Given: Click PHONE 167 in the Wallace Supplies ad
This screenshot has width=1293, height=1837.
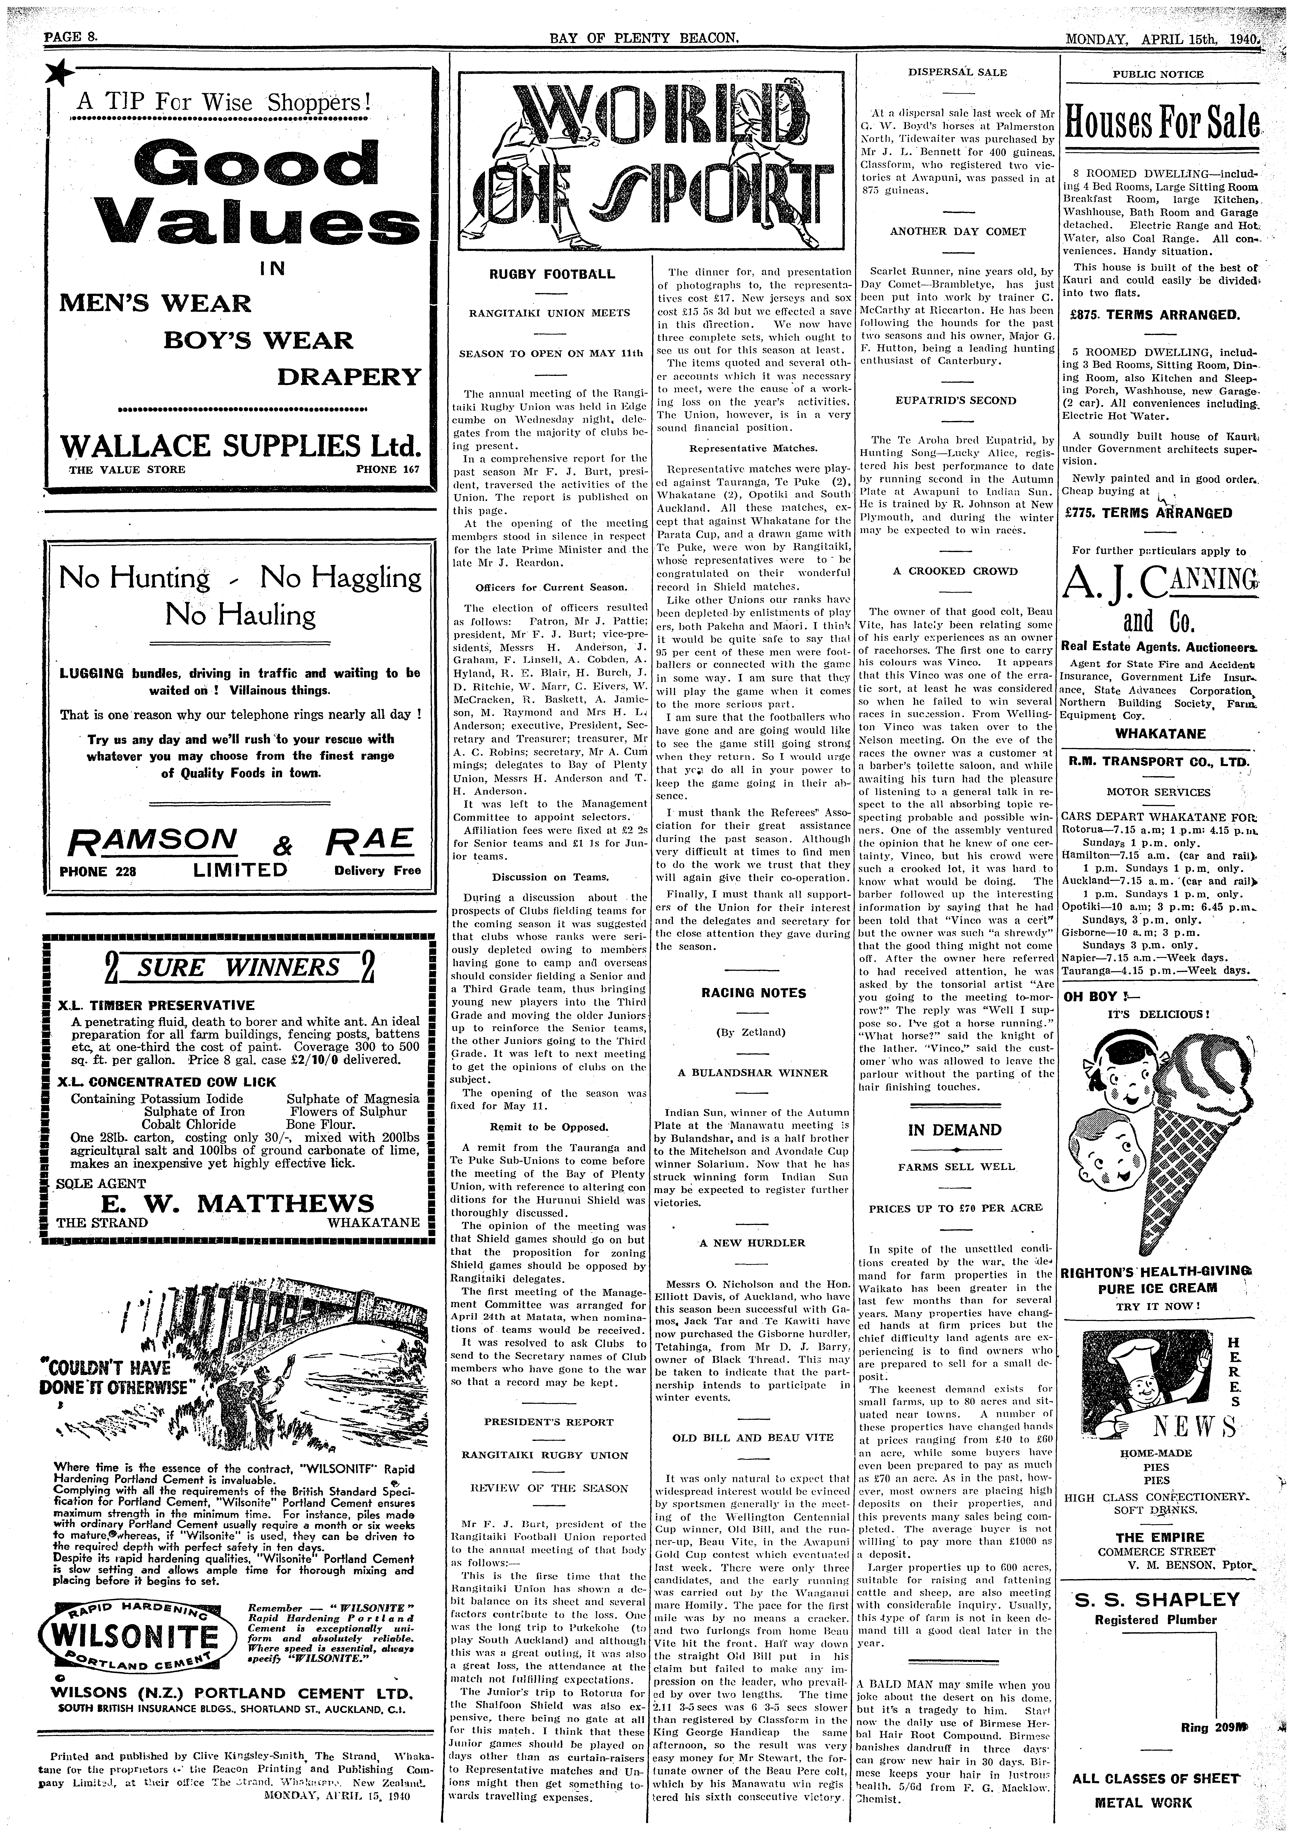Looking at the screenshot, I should (x=387, y=470).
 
